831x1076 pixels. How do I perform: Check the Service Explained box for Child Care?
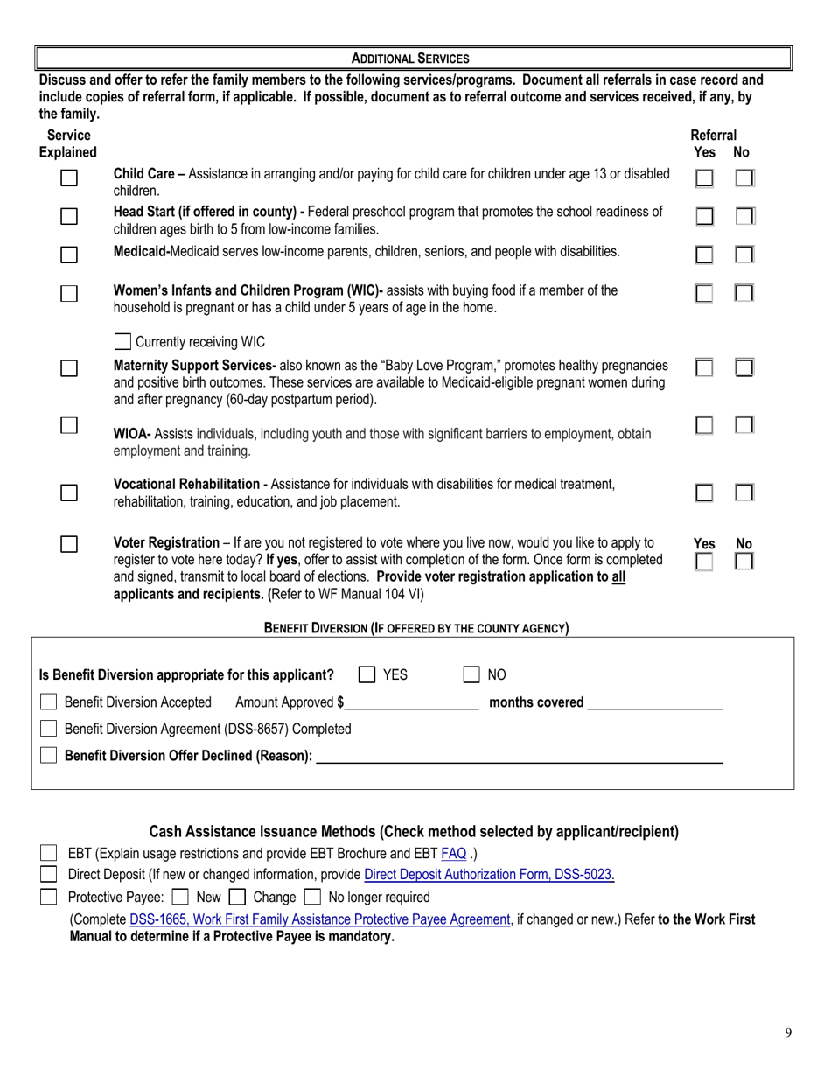[69, 178]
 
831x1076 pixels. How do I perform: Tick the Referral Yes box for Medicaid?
[703, 255]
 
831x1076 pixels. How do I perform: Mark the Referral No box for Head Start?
[744, 216]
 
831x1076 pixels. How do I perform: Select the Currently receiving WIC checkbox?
[123, 341]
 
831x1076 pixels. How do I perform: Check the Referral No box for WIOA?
[744, 425]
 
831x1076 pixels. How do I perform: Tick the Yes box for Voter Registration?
[703, 562]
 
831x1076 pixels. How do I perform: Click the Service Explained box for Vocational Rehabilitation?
[69, 493]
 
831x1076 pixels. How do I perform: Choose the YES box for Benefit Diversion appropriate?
[367, 674]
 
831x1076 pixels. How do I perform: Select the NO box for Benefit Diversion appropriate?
[471, 674]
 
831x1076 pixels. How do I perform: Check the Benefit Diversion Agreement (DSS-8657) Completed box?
[49, 729]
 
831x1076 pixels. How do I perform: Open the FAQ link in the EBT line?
[453, 853]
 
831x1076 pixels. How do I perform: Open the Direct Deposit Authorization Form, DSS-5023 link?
[489, 874]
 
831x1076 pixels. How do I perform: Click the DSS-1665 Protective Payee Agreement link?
[319, 919]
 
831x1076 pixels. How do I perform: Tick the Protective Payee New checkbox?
[180, 897]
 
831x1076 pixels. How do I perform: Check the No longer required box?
[312, 897]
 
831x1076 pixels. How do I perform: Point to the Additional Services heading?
[410, 59]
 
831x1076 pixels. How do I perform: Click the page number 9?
[788, 1032]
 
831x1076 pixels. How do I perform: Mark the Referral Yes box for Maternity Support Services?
[703, 368]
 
